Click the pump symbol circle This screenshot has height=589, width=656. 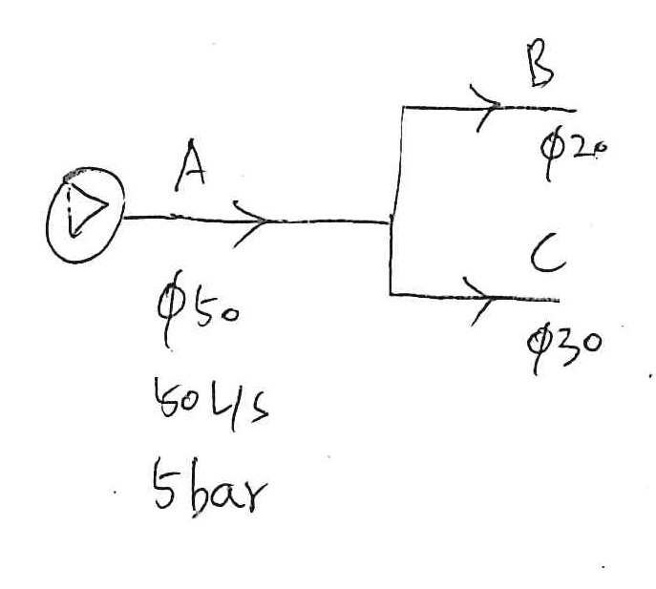(85, 212)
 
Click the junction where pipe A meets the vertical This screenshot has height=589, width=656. (391, 221)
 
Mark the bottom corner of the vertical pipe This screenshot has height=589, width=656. (391, 295)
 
